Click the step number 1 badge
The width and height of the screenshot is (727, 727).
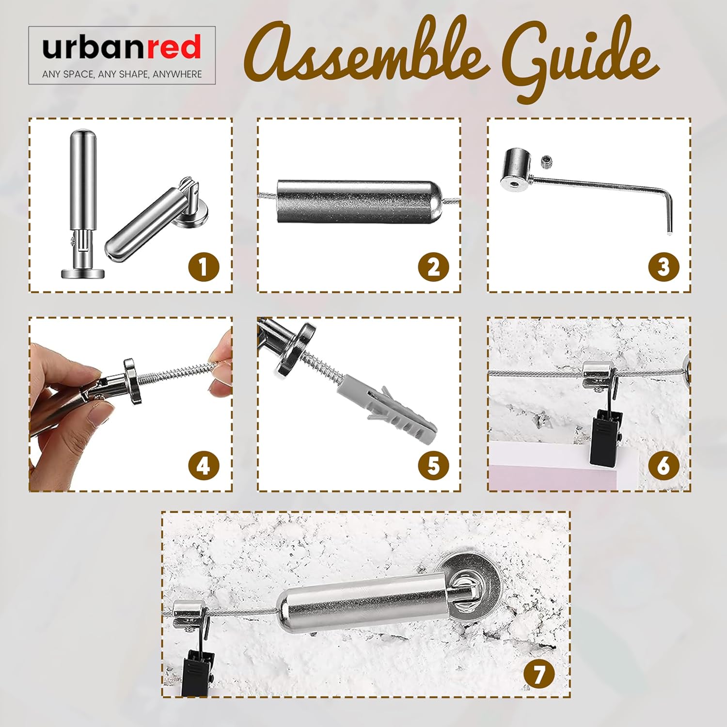(204, 267)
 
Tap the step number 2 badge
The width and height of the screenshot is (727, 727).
(434, 267)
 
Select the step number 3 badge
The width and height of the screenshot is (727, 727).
(664, 267)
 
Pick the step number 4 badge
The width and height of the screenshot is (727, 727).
(204, 466)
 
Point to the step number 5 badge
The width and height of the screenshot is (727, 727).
(434, 466)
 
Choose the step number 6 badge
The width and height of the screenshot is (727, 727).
(664, 466)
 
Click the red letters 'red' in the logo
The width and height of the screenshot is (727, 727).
(174, 47)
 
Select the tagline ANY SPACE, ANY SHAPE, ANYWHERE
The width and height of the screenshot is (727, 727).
(122, 74)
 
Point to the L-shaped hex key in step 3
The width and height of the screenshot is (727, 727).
(606, 194)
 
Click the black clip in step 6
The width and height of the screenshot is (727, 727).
(603, 434)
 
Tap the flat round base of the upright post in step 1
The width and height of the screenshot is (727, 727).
(83, 273)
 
